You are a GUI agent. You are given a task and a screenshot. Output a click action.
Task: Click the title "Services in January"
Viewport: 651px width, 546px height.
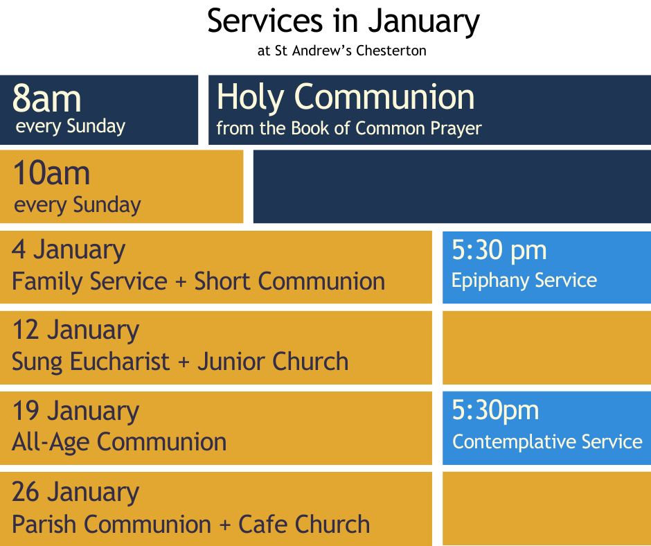(344, 21)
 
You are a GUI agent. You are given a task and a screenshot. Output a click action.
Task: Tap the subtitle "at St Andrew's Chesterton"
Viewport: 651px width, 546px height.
(341, 51)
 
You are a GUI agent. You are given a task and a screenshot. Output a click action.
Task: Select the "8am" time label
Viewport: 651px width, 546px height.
(46, 99)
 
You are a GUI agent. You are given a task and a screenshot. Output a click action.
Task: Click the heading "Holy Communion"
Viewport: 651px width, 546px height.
(346, 97)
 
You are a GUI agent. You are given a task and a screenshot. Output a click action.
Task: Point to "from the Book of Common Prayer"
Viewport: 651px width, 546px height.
(349, 128)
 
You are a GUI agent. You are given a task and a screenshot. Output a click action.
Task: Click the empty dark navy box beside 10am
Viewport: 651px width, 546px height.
(452, 186)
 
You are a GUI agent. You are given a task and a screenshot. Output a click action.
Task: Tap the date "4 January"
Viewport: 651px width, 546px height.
(69, 250)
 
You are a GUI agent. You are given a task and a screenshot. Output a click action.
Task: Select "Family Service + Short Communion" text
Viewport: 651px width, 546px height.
(199, 281)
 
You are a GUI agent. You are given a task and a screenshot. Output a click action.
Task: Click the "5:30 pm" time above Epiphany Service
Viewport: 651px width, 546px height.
(499, 251)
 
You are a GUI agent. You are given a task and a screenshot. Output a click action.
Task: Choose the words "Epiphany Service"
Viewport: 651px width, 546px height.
(524, 281)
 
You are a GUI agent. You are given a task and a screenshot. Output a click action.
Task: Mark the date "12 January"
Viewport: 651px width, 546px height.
(75, 331)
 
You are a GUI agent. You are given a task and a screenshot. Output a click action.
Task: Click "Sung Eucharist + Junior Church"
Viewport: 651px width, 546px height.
(180, 361)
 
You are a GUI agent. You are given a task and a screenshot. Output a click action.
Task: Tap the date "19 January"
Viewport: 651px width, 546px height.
(75, 411)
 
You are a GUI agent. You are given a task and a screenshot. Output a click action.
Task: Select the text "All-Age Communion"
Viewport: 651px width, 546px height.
(119, 441)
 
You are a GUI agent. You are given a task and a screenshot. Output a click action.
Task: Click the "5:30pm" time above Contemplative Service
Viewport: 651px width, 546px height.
(495, 410)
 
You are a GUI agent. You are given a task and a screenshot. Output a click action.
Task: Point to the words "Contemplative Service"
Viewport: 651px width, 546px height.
(547, 441)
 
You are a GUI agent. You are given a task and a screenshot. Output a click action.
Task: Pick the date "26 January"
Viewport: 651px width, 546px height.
(75, 493)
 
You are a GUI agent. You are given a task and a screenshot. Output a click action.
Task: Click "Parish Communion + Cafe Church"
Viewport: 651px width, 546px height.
(190, 524)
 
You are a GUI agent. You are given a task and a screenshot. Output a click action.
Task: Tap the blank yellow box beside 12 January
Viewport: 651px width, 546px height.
(547, 348)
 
